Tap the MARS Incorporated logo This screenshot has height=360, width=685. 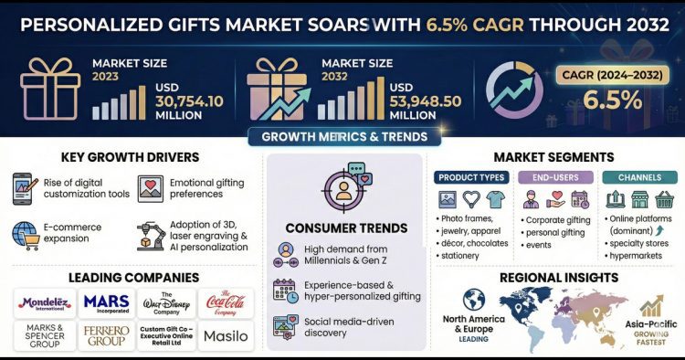(x=106, y=302)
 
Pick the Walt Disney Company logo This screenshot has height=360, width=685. (x=165, y=302)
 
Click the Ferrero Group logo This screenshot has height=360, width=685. (x=106, y=335)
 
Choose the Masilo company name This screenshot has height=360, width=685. (x=225, y=335)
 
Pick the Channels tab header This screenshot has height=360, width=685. (x=635, y=176)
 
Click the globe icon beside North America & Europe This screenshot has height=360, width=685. (x=475, y=301)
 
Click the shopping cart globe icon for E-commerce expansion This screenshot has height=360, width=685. (x=25, y=234)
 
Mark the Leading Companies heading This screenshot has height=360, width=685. (x=129, y=276)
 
